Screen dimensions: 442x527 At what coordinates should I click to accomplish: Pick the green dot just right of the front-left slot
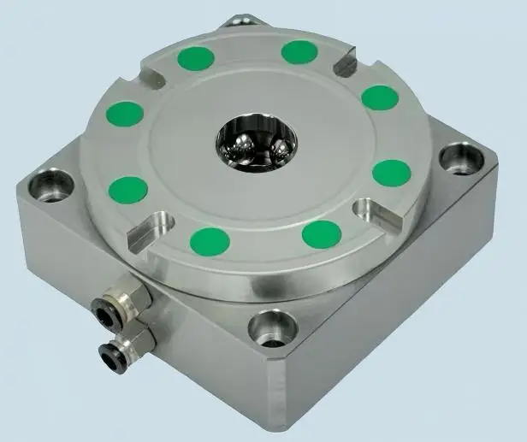click(x=208, y=239)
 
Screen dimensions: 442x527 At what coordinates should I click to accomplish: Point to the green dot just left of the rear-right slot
click(x=299, y=52)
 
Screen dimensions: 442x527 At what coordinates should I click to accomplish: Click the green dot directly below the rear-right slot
click(x=380, y=97)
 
